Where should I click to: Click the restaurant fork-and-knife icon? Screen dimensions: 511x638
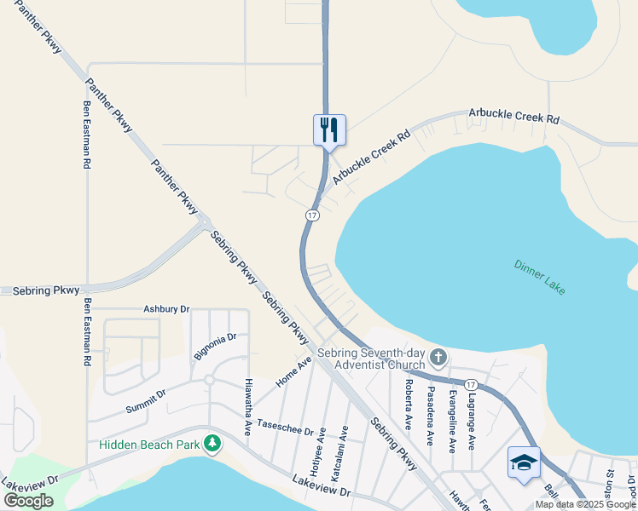[x=329, y=130]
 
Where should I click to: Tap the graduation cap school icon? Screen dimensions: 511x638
[x=523, y=462]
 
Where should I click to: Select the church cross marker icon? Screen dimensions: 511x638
[x=438, y=356]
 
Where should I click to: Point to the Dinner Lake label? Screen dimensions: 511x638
[x=539, y=277]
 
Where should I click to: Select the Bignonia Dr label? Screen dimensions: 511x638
[x=214, y=347]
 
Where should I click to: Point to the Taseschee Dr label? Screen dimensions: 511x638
[x=286, y=428]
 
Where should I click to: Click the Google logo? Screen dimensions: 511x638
[x=28, y=501]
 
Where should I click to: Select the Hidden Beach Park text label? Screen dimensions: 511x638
[x=148, y=445]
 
